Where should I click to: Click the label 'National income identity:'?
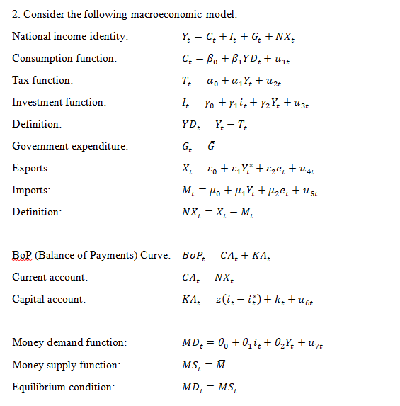(x=70, y=36)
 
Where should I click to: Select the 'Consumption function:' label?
(x=64, y=58)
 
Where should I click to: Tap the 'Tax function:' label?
(x=42, y=80)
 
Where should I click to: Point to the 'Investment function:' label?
(x=59, y=102)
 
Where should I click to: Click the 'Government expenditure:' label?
(x=70, y=146)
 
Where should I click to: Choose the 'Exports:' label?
(x=31, y=169)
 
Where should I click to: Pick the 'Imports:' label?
(x=31, y=190)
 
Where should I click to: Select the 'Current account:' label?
(x=50, y=277)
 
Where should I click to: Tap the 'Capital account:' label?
(x=49, y=299)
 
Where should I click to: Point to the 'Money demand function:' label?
(x=69, y=343)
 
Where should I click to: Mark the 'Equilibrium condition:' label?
(x=63, y=387)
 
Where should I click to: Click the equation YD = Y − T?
(x=217, y=124)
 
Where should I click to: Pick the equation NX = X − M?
(x=217, y=212)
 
